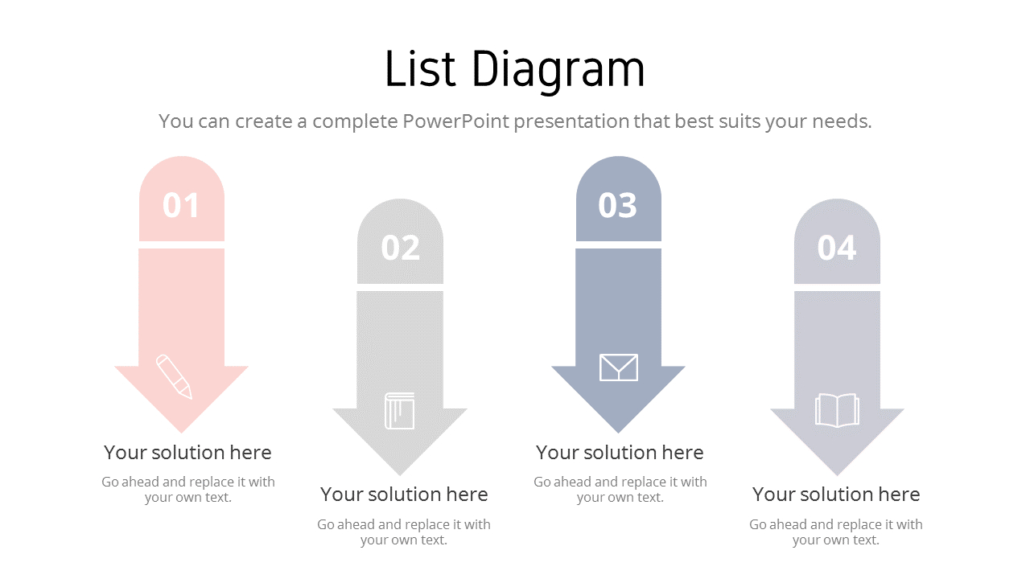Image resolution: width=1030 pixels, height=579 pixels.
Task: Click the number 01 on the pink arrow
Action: pyautogui.click(x=181, y=205)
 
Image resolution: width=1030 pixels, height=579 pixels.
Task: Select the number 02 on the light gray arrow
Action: pyautogui.click(x=400, y=248)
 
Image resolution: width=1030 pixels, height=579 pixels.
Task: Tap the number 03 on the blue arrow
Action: pyautogui.click(x=618, y=205)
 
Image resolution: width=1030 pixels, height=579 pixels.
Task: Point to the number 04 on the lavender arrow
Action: pyautogui.click(x=837, y=248)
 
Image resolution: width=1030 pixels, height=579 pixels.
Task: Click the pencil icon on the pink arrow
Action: pyautogui.click(x=175, y=376)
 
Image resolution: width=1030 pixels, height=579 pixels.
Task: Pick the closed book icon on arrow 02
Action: pyautogui.click(x=399, y=411)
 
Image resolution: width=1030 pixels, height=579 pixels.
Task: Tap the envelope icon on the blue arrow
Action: pyautogui.click(x=619, y=368)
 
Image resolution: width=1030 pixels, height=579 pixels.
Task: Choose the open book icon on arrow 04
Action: pyautogui.click(x=837, y=410)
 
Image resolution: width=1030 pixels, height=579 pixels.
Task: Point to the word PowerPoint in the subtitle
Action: pyautogui.click(x=455, y=121)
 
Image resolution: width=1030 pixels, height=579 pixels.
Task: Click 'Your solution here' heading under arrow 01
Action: pyautogui.click(x=187, y=453)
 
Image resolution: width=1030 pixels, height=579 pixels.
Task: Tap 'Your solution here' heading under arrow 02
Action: pyautogui.click(x=404, y=495)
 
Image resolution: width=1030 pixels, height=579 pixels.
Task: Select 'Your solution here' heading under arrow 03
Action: pyautogui.click(x=620, y=453)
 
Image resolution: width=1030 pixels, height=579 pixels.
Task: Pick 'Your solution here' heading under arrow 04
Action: pyautogui.click(x=836, y=495)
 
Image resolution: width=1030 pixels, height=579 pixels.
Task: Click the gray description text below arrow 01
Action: pyautogui.click(x=188, y=490)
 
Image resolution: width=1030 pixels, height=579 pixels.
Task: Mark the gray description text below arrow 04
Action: pyautogui.click(x=836, y=532)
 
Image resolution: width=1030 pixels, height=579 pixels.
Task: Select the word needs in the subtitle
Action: pyautogui.click(x=843, y=122)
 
